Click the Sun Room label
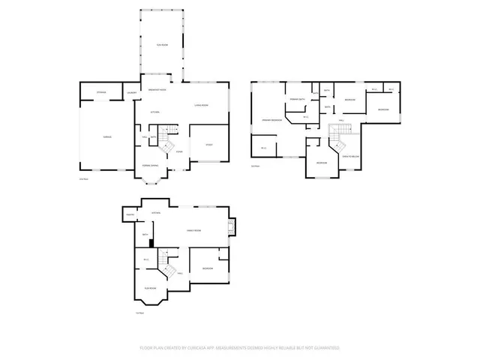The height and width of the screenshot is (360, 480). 161,46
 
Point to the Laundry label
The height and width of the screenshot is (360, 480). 131,93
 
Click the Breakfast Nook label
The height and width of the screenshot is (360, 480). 157,89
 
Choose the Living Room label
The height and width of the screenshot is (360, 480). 201,105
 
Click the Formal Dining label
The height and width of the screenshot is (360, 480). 150,165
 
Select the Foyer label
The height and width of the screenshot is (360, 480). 179,151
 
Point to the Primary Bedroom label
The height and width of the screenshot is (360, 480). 271,120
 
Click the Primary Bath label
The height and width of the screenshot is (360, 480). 296,99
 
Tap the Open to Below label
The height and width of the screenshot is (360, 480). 350,156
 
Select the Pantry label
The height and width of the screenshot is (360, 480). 130,214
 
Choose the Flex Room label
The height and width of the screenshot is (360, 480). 150,289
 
